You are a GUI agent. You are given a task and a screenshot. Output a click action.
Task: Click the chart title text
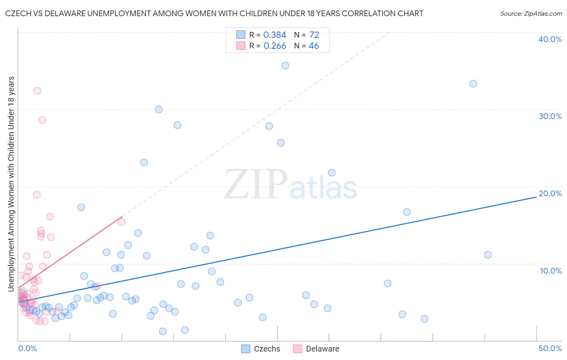tap(214, 13)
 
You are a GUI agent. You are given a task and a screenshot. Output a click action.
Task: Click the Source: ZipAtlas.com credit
tap(531, 14)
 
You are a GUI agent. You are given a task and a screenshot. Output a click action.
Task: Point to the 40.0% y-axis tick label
tap(550, 39)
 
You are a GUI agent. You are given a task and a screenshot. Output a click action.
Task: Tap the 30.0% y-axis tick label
tap(550, 116)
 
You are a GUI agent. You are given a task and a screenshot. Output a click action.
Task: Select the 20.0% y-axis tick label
tap(550, 193)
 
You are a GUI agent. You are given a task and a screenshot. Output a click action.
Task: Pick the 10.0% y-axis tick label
tap(550, 271)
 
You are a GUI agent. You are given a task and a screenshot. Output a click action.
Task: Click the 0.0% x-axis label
tap(27, 348)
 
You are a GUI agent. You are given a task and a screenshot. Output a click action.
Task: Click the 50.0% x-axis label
tap(550, 348)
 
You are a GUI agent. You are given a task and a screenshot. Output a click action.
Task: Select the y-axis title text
tap(11, 184)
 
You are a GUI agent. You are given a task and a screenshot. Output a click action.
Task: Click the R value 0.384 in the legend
tap(275, 35)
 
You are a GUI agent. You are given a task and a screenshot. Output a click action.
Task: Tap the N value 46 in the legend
tap(314, 46)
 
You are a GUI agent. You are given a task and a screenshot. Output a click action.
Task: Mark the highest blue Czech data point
tap(285, 66)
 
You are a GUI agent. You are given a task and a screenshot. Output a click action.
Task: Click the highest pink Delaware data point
tap(37, 91)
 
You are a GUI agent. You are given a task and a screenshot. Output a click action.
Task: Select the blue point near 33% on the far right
tap(473, 84)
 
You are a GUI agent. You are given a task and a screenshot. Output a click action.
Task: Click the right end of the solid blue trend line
tap(536, 197)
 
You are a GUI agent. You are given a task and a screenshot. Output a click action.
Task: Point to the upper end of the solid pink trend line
tap(122, 217)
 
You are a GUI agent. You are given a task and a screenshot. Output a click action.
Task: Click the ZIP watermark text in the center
tap(256, 184)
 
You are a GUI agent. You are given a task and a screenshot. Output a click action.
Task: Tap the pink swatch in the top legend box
tap(241, 46)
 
